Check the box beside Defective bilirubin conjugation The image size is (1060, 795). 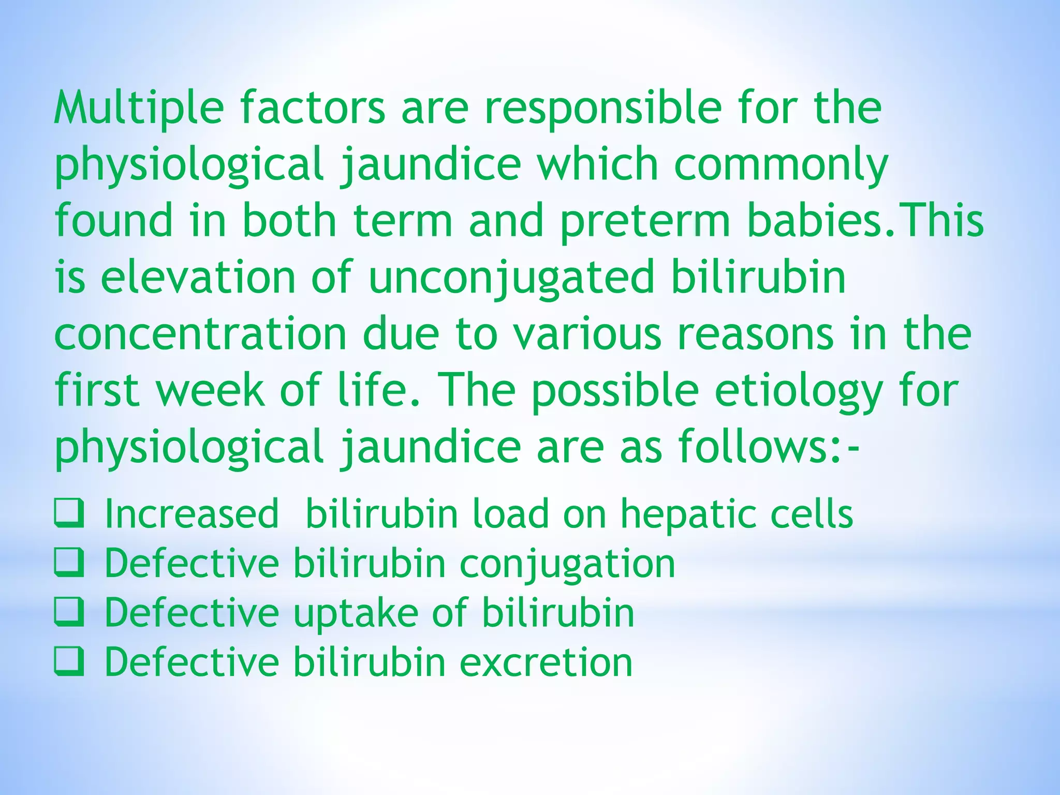coord(69,563)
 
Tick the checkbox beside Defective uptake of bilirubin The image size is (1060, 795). coord(69,612)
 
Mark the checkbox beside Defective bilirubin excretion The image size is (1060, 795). coord(69,662)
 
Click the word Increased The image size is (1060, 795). coord(192,514)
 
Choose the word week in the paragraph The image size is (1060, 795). coord(210,391)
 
